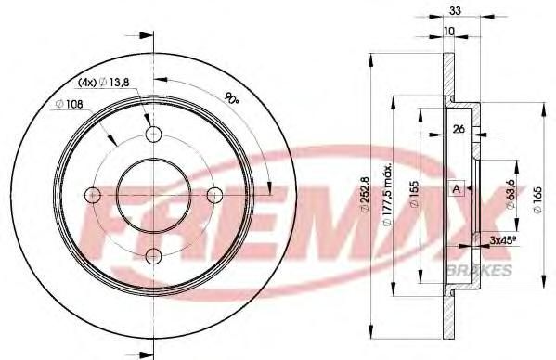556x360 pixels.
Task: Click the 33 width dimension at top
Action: [455, 11]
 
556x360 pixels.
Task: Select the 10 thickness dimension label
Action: [449, 32]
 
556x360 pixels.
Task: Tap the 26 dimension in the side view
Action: [459, 129]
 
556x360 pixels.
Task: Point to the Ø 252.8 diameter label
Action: [365, 195]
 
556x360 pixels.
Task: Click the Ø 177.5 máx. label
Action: [388, 194]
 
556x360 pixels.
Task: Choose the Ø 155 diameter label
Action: [414, 194]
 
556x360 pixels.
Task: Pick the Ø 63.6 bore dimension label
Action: [511, 194]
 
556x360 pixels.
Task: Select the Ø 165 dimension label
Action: [538, 200]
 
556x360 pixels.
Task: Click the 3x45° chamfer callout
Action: [502, 240]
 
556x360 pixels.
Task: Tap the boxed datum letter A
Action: [457, 189]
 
